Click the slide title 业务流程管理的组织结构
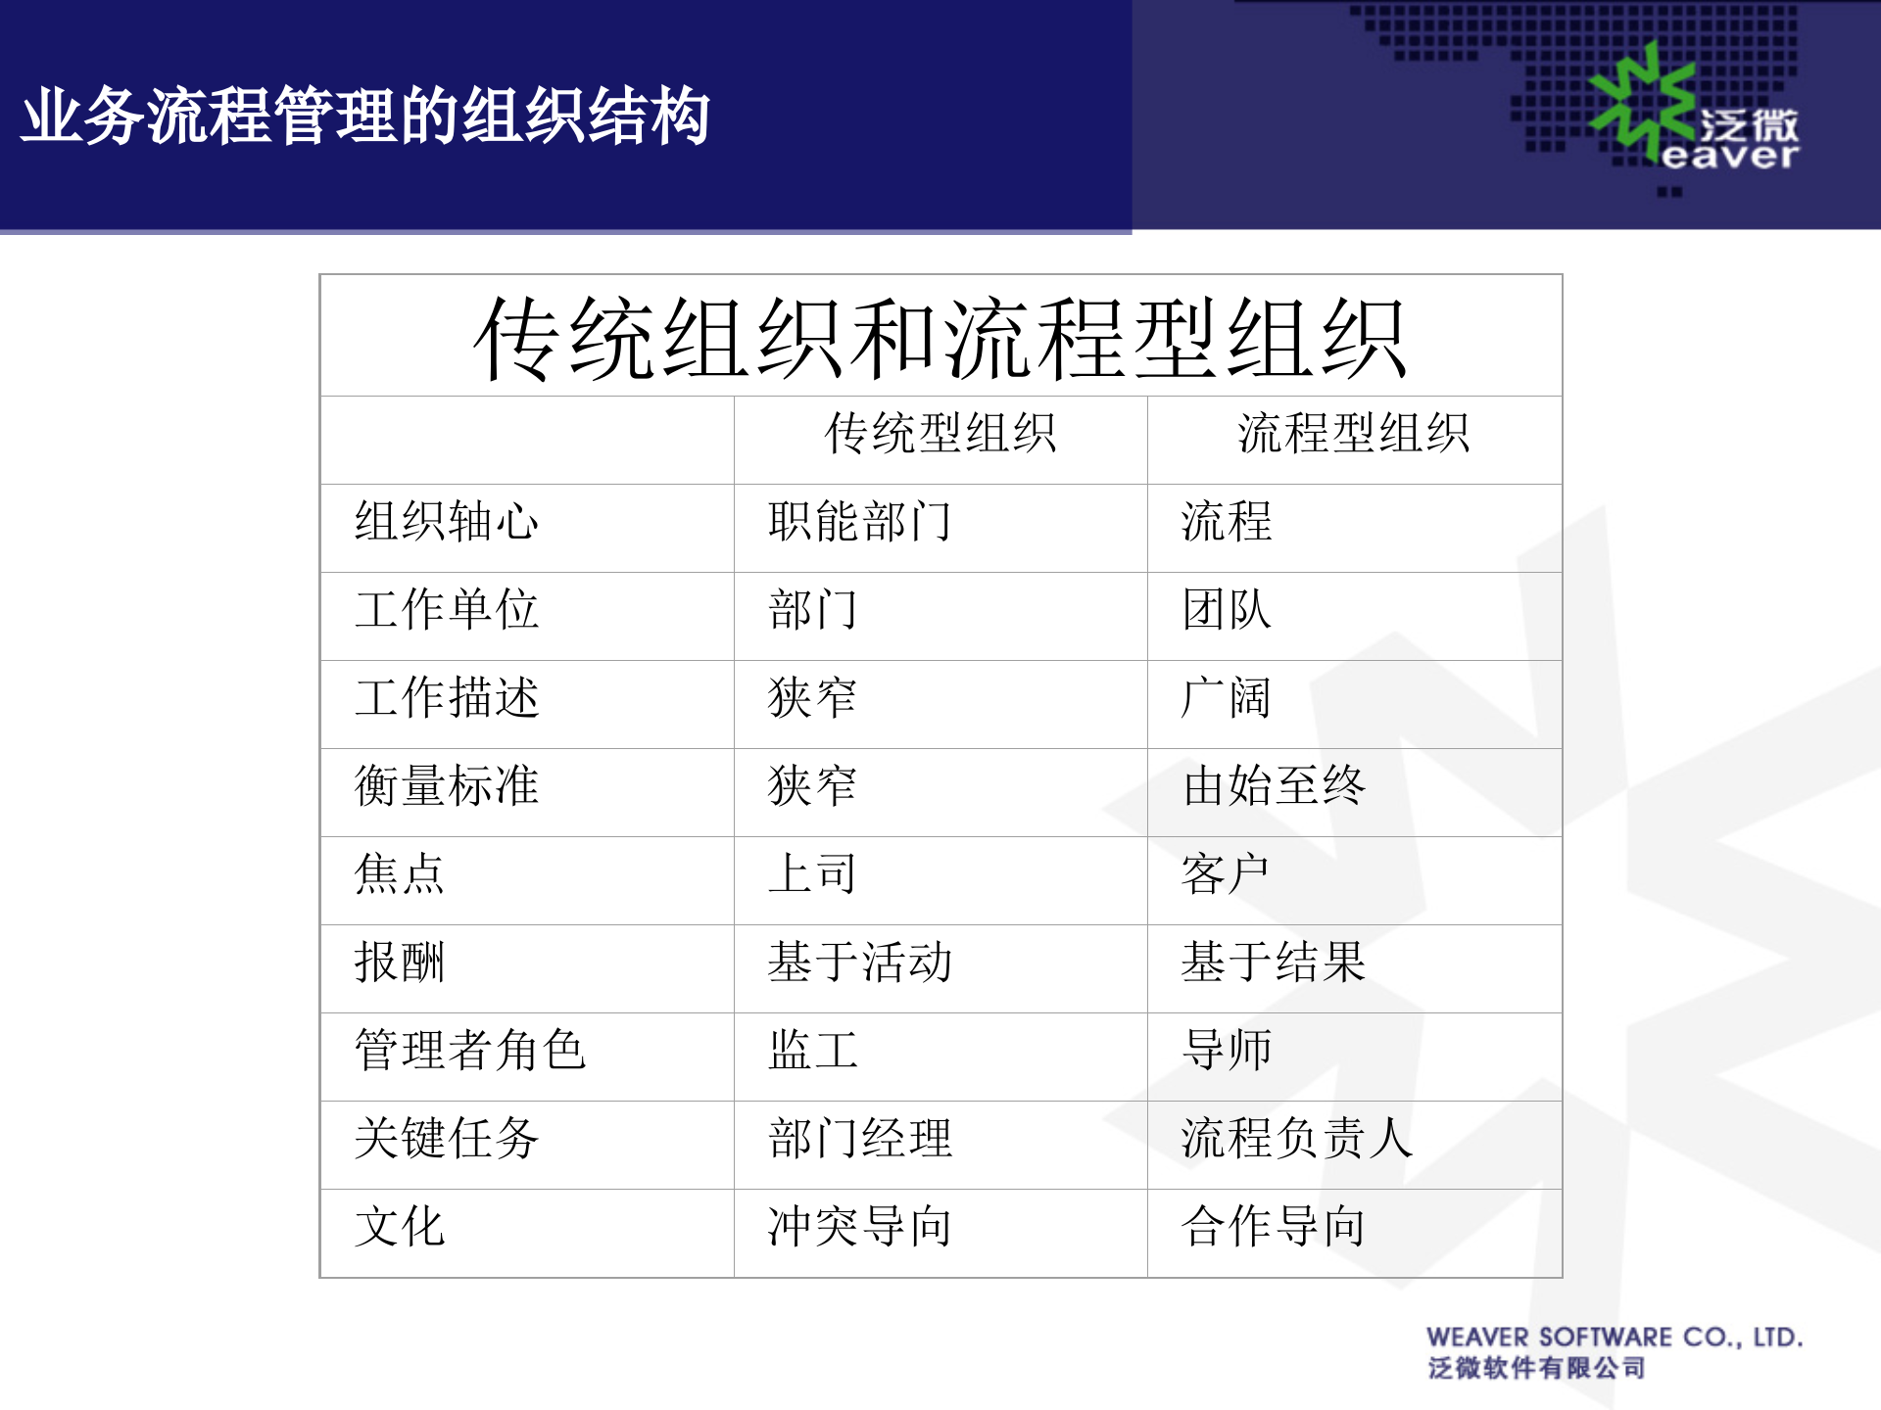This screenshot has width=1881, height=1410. coord(365,117)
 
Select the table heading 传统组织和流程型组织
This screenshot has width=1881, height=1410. coord(940,339)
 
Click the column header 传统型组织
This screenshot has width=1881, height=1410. coord(940,433)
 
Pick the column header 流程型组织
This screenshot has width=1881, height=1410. coord(1353,433)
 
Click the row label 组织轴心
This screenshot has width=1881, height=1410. coord(446,521)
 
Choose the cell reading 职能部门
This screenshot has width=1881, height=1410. coord(859,521)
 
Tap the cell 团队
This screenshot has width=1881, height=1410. coord(1227,609)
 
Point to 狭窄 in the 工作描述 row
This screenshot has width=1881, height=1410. coord(812,697)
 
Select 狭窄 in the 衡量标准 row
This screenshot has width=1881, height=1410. coord(812,785)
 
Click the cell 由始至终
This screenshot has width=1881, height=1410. coord(1274,785)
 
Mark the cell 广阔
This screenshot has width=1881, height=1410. coord(1227,697)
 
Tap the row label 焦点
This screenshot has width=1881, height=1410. coord(399,873)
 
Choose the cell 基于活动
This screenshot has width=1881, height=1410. coord(859,962)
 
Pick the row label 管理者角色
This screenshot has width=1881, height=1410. coord(469,1050)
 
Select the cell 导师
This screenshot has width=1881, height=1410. coord(1227,1050)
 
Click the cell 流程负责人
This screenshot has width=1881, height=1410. coord(1296,1138)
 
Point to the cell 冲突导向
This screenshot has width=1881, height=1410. coord(859,1226)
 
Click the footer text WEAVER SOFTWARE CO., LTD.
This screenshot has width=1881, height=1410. coord(1614,1338)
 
